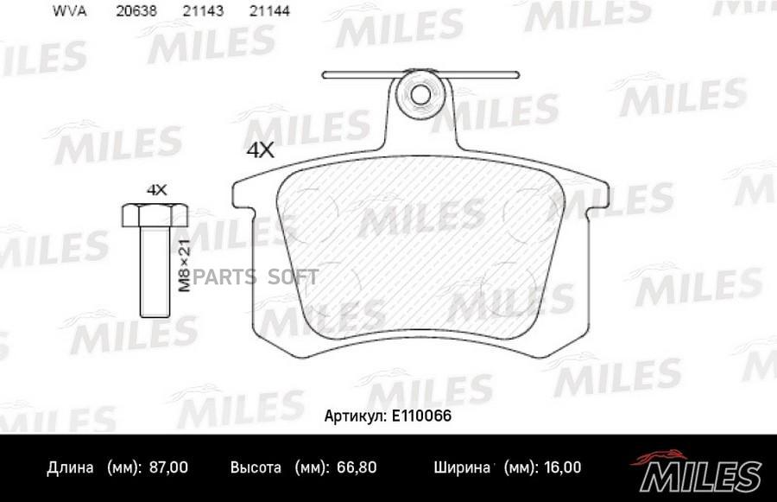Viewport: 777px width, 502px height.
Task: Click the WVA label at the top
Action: [x=69, y=11]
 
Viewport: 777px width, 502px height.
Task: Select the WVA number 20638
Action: [x=136, y=11]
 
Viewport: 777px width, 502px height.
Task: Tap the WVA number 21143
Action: [x=203, y=11]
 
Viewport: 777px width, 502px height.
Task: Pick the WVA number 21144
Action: [x=269, y=11]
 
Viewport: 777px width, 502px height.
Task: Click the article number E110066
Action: [x=421, y=416]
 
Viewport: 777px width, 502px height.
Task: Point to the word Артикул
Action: [x=355, y=416]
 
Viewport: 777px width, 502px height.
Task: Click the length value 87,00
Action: [x=168, y=467]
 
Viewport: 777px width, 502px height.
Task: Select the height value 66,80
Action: [x=357, y=467]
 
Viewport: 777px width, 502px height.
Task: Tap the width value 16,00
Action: [x=562, y=467]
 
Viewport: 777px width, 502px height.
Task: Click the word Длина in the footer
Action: [x=70, y=467]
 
